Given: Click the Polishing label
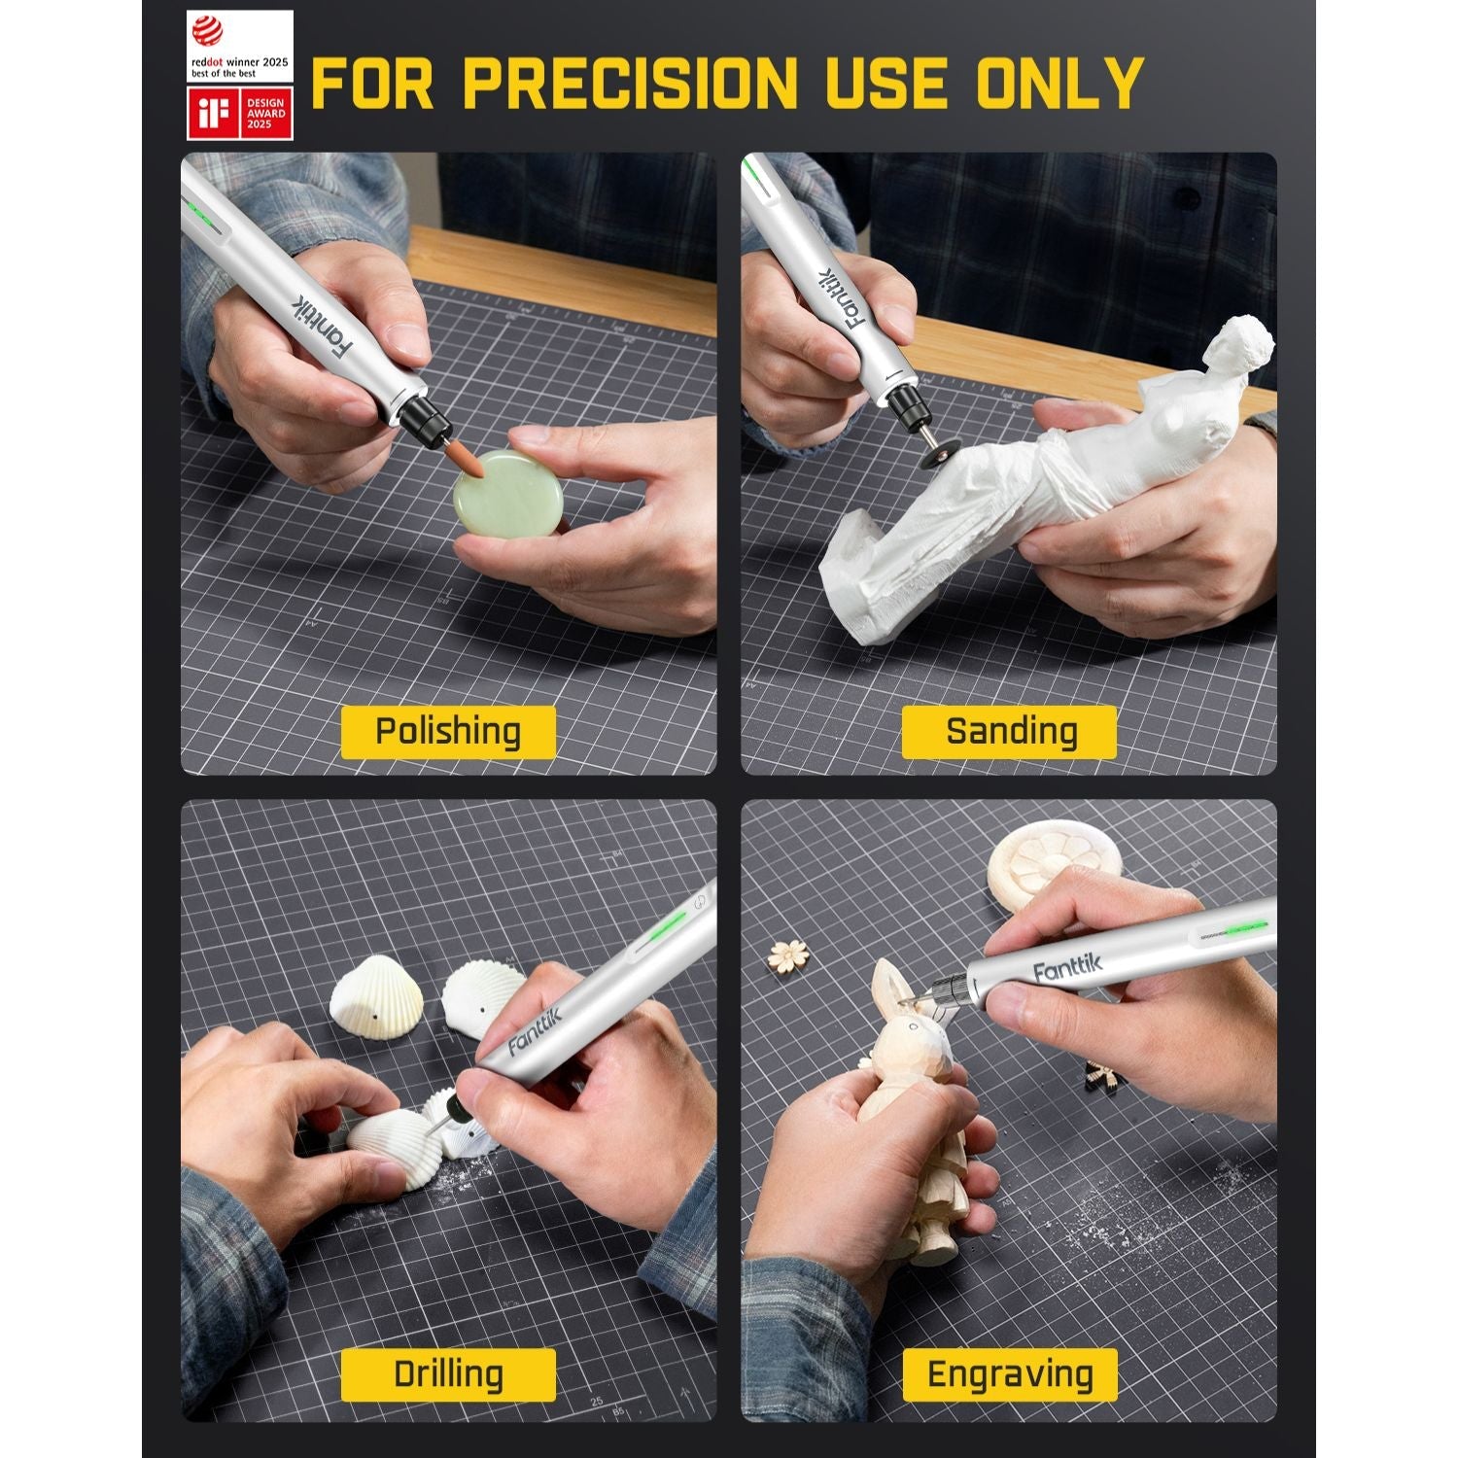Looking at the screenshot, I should tap(448, 732).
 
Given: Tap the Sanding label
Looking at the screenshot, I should tap(1011, 732).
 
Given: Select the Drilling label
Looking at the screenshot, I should tap(448, 1374).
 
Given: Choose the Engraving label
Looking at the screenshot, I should tap(1010, 1374).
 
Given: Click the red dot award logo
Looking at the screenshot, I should tap(239, 46).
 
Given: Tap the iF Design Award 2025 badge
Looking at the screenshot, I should tap(239, 114).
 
